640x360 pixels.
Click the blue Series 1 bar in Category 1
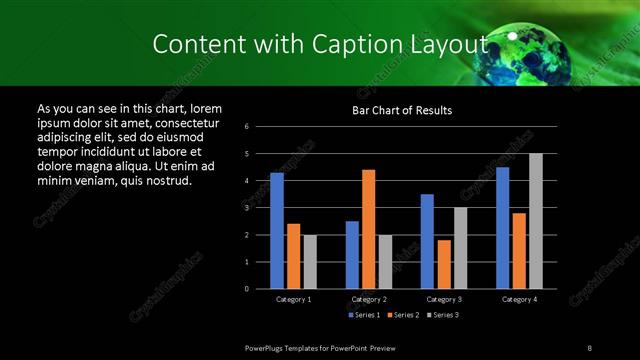click(x=277, y=230)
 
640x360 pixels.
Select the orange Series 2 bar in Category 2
click(x=369, y=229)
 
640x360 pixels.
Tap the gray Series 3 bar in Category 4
click(x=536, y=221)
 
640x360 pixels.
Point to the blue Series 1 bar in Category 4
click(x=503, y=227)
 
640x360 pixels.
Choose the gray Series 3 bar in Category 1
click(x=310, y=261)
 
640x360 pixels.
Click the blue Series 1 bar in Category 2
click(x=352, y=254)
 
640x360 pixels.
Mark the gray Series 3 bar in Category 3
click(x=460, y=248)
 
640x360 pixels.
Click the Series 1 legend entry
click(x=363, y=315)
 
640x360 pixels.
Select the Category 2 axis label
click(x=368, y=299)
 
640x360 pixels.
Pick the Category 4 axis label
click(x=519, y=299)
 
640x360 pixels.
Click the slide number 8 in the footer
click(x=590, y=347)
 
